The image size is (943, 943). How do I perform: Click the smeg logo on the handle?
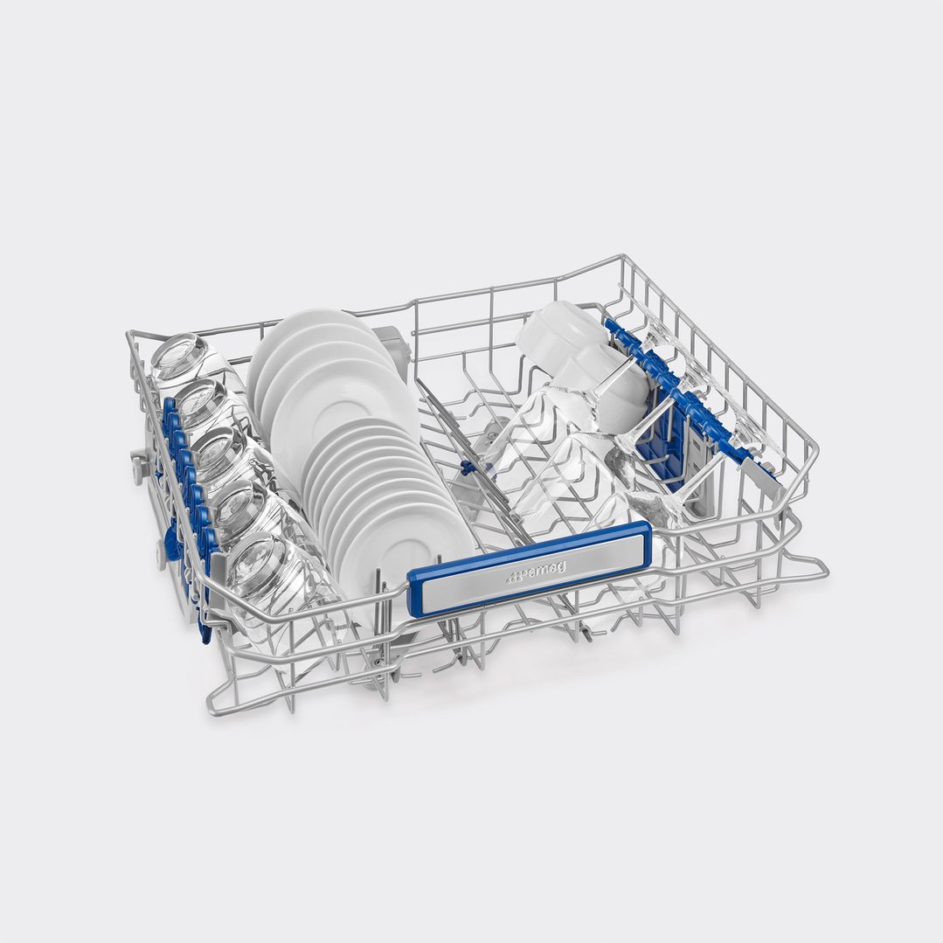click(x=535, y=572)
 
